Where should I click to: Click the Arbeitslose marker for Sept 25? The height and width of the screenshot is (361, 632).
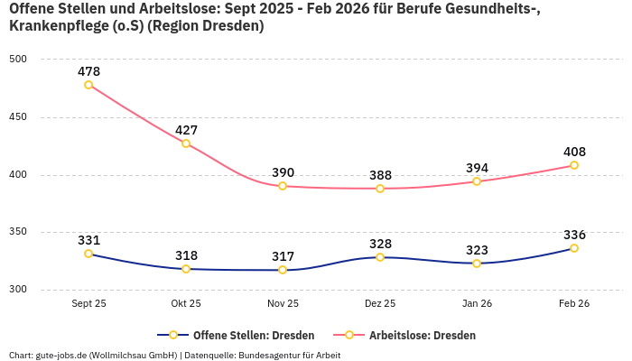pos(88,85)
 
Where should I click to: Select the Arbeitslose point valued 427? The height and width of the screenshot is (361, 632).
pos(186,143)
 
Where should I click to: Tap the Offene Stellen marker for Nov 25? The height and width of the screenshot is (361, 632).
pos(283,270)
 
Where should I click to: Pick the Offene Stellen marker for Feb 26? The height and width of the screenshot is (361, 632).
pos(574,248)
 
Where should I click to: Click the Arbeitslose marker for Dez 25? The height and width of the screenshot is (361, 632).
pos(380,189)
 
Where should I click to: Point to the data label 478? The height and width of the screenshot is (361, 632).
pos(88,71)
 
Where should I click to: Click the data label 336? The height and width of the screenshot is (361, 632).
pos(574,235)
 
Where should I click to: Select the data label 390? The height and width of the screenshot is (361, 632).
pos(283,172)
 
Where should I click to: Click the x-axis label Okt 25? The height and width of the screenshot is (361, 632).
pos(186,303)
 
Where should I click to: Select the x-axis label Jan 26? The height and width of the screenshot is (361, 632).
pos(477,303)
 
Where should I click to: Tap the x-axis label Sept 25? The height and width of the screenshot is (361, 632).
pos(88,303)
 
